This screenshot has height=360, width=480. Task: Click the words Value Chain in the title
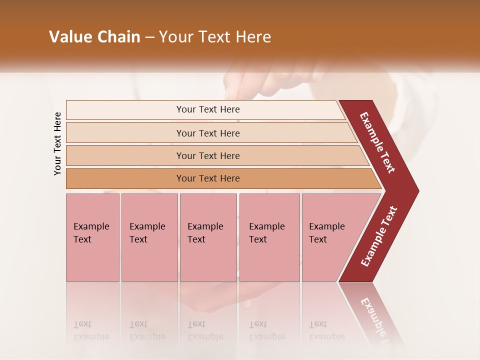[94, 37]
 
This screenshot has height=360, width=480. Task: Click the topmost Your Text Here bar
[207, 109]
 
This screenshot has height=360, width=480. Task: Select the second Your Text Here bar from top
[207, 133]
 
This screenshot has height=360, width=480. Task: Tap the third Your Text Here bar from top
[207, 156]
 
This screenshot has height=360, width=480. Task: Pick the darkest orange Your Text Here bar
[207, 178]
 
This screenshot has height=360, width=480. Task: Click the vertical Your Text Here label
[57, 143]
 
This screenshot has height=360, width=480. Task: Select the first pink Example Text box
[92, 237]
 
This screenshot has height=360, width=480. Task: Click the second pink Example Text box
[149, 237]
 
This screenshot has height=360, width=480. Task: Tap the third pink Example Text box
[208, 237]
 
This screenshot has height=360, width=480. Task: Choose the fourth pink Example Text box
[269, 237]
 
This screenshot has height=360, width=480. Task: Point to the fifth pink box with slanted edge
[330, 237]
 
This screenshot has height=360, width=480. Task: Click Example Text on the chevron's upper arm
[377, 142]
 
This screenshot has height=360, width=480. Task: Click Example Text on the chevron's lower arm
[379, 236]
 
